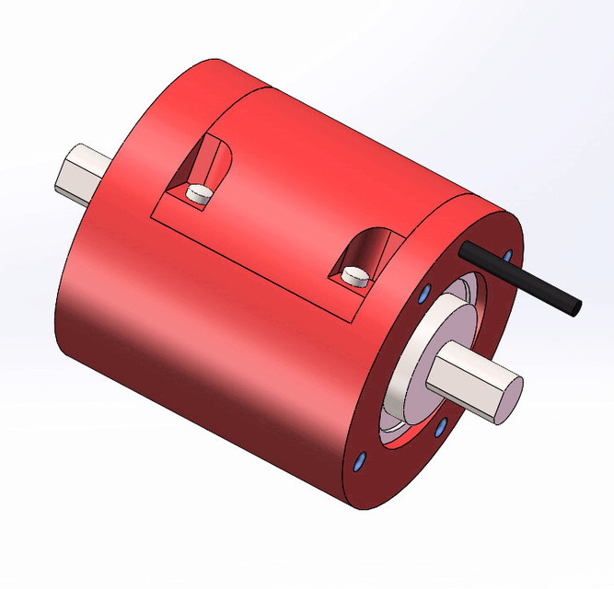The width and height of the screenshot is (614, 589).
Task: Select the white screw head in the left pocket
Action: pos(199,192)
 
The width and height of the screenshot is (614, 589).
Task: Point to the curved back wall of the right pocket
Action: pos(365,247)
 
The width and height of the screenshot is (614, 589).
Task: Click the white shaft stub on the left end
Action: pos(78,173)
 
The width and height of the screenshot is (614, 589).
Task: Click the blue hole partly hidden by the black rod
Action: pos(506,254)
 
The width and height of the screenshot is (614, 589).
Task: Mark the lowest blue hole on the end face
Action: pos(360,460)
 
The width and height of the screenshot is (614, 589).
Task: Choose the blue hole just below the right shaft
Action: pos(440,426)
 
